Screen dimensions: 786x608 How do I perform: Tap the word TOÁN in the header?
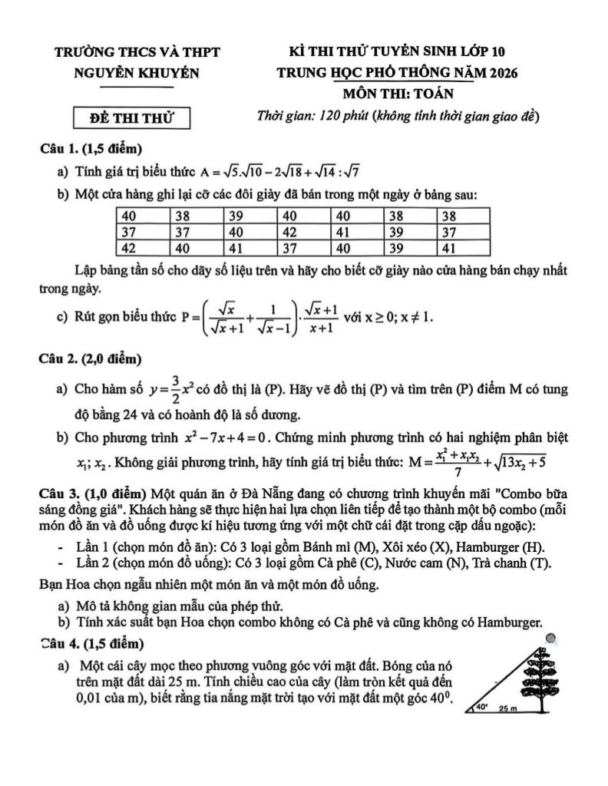pyautogui.click(x=433, y=94)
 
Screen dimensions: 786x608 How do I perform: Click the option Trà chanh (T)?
pyautogui.click(x=517, y=563)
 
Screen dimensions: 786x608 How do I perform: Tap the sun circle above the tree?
pyautogui.click(x=550, y=637)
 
